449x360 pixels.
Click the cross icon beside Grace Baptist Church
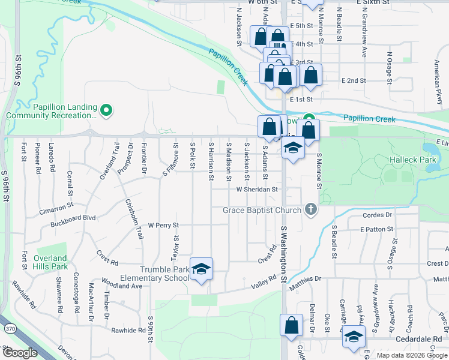pyautogui.click(x=310, y=209)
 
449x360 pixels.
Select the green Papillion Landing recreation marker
pyautogui.click(x=106, y=110)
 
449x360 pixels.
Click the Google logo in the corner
pyautogui.click(x=20, y=353)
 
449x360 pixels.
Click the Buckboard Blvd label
pyautogui.click(x=73, y=217)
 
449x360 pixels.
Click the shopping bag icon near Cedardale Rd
pyautogui.click(x=291, y=325)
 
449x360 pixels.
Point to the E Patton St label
pyautogui.click(x=376, y=229)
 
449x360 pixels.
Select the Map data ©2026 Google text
pyautogui.click(x=411, y=355)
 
